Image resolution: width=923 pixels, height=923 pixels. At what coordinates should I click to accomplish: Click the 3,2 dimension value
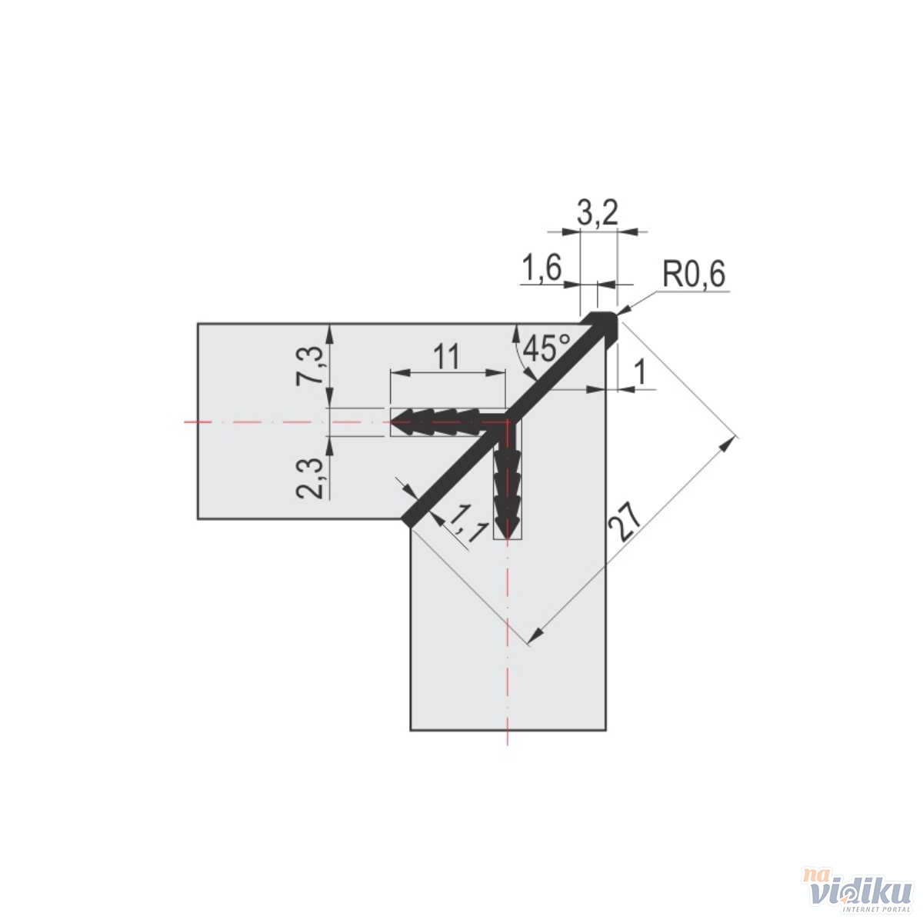click(x=598, y=213)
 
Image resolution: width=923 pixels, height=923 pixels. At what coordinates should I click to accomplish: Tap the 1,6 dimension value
click(x=541, y=268)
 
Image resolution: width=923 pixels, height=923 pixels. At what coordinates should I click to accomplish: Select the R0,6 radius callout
click(x=694, y=275)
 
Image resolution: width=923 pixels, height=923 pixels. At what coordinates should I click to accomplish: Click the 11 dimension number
click(x=445, y=358)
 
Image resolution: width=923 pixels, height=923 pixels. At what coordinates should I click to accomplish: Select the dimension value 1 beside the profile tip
click(x=639, y=373)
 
